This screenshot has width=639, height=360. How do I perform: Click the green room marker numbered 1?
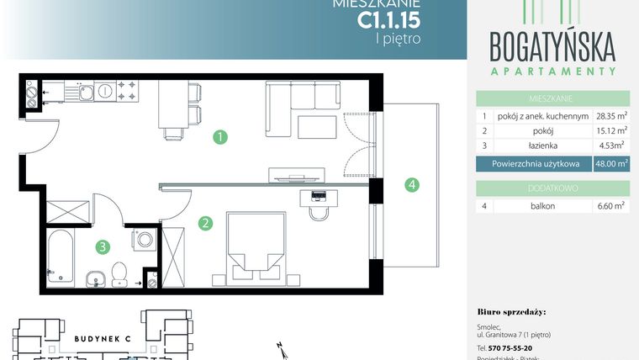point(219,135)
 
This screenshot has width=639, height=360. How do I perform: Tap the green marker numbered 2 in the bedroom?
point(203,224)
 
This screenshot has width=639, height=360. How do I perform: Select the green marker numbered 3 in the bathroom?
point(102,246)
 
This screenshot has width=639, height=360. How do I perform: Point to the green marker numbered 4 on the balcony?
point(410,184)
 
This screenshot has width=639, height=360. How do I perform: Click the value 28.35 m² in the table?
point(611,117)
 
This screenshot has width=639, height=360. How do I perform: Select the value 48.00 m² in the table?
point(610,166)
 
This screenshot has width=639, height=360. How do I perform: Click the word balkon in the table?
point(543,205)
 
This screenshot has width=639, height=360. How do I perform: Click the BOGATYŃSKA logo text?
point(552,44)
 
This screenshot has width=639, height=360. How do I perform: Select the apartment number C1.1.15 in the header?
point(388,19)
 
